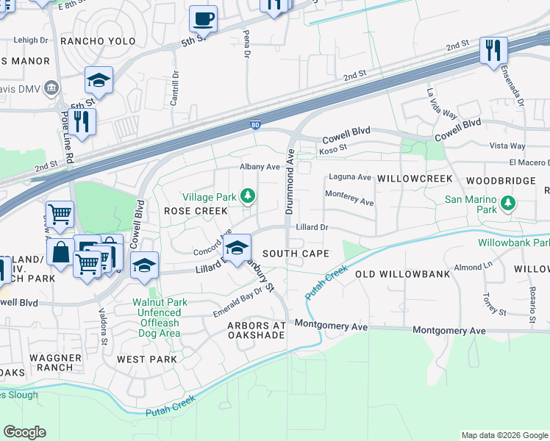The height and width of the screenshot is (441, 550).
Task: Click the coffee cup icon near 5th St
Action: coord(203,18)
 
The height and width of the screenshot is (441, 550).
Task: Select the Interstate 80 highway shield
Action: coord(254,126)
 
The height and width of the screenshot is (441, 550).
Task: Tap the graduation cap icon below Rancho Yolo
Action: coord(99,79)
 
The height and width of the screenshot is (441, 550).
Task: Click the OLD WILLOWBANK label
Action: coord(402,274)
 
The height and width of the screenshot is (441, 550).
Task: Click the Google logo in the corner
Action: coord(24,432)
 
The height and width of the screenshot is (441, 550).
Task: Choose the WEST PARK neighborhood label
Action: coord(146,359)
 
